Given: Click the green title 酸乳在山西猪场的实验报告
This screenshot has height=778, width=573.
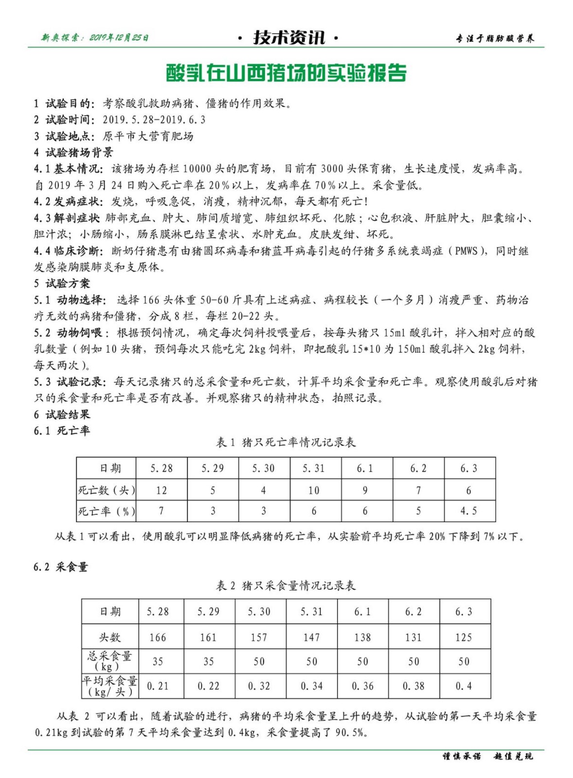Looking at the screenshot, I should tap(286, 73).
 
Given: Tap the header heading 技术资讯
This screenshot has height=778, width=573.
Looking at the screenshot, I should tap(289, 38).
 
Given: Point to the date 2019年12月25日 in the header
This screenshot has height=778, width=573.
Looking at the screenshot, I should tap(119, 38).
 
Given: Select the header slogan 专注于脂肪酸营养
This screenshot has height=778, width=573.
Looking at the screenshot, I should tap(495, 38).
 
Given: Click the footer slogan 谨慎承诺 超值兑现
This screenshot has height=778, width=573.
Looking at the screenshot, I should tap(487, 757).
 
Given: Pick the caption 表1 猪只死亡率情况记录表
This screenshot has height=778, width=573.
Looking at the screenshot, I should tap(286, 442).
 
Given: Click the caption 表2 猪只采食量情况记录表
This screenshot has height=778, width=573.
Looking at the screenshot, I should tap(286, 585).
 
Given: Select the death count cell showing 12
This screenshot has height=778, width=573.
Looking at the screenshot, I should tap(161, 491).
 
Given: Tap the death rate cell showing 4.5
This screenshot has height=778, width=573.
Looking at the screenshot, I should tap(469, 511).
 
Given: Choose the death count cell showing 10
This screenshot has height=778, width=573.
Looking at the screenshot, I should tap(314, 491).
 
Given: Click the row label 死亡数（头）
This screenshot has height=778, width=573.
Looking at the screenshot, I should tap(107, 491).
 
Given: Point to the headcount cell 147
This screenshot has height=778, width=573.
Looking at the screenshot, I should tap(311, 637).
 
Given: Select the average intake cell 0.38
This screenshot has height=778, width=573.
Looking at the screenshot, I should tap(413, 686).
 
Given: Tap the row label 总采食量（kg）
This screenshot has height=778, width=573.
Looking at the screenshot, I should tap(109, 661).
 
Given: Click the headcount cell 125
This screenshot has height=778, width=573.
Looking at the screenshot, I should tap(464, 637).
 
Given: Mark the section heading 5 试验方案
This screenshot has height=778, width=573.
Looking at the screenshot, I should tap(62, 283).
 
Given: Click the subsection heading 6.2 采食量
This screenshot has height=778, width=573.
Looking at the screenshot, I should tap(61, 567).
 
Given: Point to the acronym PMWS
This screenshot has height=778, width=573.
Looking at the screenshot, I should tap(466, 251).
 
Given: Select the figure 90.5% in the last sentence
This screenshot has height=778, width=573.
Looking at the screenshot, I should tap(349, 733).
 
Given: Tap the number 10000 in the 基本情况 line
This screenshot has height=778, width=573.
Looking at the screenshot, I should tap(198, 169).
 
